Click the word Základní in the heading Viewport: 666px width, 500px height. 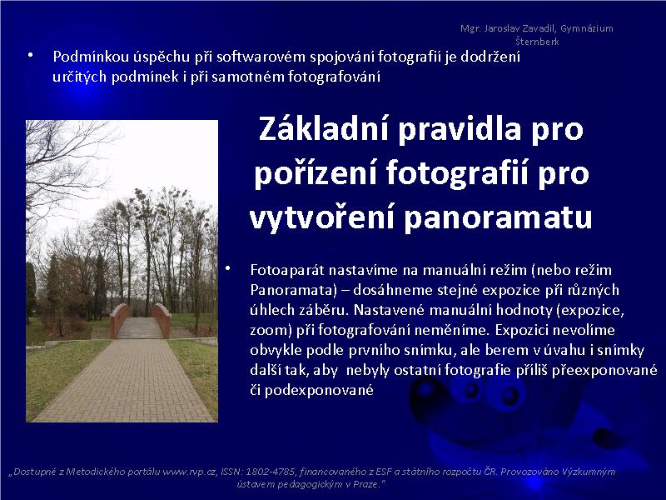point(323,128)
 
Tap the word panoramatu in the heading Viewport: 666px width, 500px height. point(497,217)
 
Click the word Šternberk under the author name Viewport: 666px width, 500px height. point(537,42)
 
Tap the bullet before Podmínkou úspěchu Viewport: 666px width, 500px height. point(30,55)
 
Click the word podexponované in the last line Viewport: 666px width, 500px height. point(319,390)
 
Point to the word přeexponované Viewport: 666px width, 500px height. point(604,370)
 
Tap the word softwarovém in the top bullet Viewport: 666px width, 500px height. point(261,57)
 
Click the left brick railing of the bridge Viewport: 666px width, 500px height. point(120,320)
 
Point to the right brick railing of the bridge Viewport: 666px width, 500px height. point(162,320)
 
